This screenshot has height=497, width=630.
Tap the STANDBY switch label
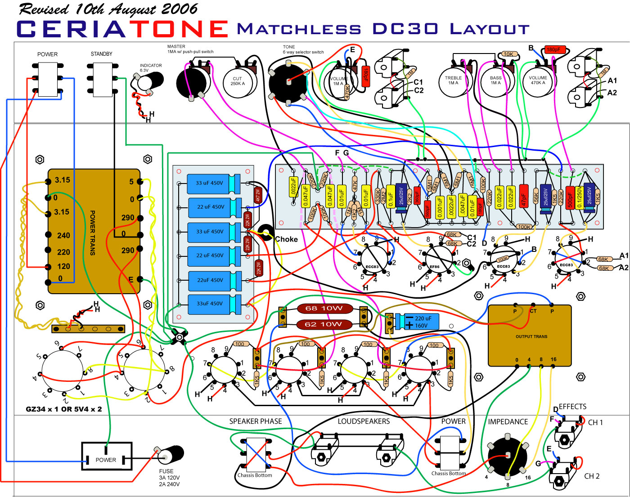pyautogui.click(x=101, y=54)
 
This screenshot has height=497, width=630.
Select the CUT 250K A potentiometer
pyautogui.click(x=237, y=81)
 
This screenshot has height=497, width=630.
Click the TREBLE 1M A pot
pyautogui.click(x=453, y=81)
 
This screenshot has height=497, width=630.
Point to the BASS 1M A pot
pyautogui.click(x=495, y=81)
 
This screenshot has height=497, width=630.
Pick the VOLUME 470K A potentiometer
pyautogui.click(x=538, y=81)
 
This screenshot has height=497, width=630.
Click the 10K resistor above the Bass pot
pyautogui.click(x=508, y=54)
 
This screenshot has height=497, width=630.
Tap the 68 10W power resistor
pyautogui.click(x=324, y=309)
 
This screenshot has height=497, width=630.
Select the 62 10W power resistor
pyautogui.click(x=323, y=324)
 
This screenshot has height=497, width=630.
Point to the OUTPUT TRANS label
pyautogui.click(x=531, y=336)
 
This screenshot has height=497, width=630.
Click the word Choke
pyautogui.click(x=287, y=239)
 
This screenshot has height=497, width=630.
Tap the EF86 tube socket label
pyautogui.click(x=434, y=267)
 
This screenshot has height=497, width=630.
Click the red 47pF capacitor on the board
pyautogui.click(x=523, y=196)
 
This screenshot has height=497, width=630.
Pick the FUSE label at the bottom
pyautogui.click(x=166, y=471)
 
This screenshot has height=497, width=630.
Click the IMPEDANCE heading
pyautogui.click(x=508, y=421)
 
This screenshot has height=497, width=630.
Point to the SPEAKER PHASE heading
pyautogui.click(x=255, y=421)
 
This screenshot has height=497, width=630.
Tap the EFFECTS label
pyautogui.click(x=572, y=407)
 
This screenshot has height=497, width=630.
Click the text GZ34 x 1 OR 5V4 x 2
pyautogui.click(x=64, y=409)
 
